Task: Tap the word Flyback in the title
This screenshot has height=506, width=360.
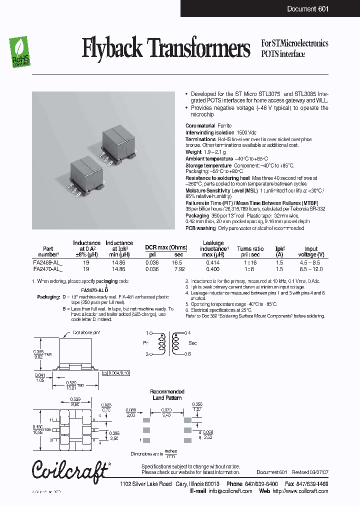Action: click(x=111, y=49)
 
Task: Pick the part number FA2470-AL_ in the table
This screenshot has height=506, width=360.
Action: click(x=48, y=268)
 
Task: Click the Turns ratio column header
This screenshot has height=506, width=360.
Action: click(x=250, y=248)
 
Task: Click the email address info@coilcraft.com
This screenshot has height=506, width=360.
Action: click(x=228, y=491)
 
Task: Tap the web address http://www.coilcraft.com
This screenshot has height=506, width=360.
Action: click(x=301, y=491)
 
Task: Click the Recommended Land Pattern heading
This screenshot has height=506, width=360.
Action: click(x=167, y=394)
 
